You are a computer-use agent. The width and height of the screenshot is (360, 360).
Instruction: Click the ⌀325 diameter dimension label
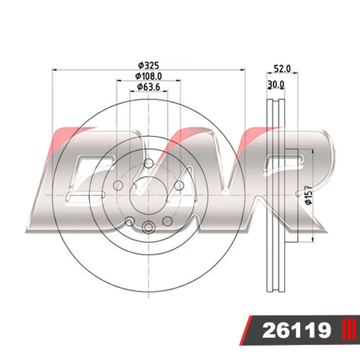(x=149, y=66)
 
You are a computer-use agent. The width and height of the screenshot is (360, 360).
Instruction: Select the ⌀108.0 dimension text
(x=149, y=76)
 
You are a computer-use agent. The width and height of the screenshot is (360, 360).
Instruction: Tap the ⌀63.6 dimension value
(x=149, y=87)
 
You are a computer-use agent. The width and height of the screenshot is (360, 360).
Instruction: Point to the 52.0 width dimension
(x=282, y=69)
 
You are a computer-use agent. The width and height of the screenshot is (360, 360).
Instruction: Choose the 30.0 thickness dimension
(x=276, y=85)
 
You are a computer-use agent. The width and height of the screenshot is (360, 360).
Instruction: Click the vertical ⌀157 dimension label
(x=309, y=195)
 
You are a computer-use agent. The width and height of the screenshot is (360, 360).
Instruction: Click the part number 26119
(x=297, y=330)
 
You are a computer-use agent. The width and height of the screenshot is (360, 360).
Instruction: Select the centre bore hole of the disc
(x=149, y=195)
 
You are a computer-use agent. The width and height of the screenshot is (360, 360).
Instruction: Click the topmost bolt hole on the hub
(x=149, y=163)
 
